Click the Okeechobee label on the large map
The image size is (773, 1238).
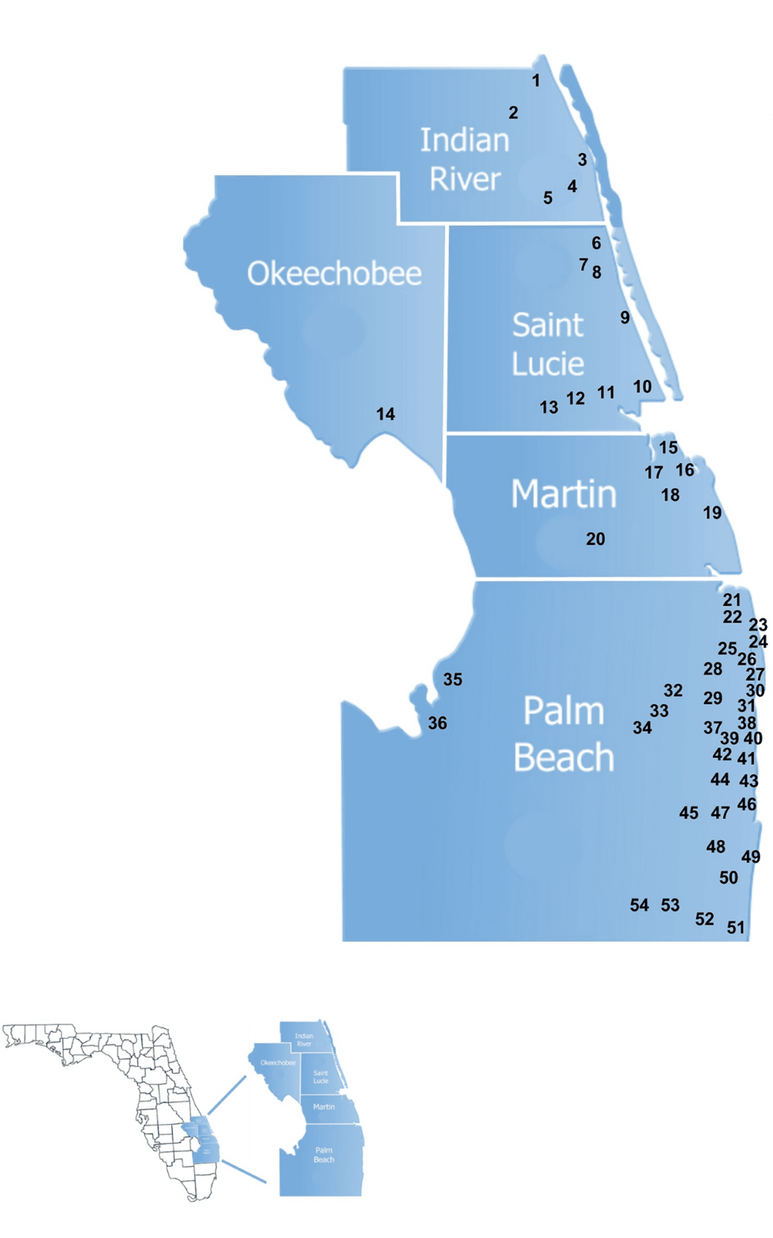[x=334, y=274]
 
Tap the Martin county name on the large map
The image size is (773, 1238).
[x=564, y=494]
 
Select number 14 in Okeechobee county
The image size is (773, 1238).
[x=385, y=414]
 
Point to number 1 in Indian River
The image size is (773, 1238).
[x=536, y=81]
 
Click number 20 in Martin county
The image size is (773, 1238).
[x=595, y=539]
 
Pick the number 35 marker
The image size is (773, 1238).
[x=452, y=679]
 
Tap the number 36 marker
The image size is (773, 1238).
[x=437, y=723]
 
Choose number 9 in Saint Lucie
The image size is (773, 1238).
[x=625, y=317]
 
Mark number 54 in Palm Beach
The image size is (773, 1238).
[x=639, y=905]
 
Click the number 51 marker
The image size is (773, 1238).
[x=736, y=927]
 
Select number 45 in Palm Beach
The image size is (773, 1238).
[x=689, y=813]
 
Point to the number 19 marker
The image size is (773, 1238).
[x=712, y=512]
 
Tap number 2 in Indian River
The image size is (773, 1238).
[x=513, y=113]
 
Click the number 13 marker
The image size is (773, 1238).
[x=549, y=407]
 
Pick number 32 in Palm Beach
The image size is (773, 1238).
[x=673, y=690]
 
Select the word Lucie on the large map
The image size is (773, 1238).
[x=548, y=364]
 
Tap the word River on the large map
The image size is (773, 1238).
[x=465, y=179]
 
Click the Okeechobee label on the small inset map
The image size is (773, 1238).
[x=278, y=1063]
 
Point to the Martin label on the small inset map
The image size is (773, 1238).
[x=324, y=1107]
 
